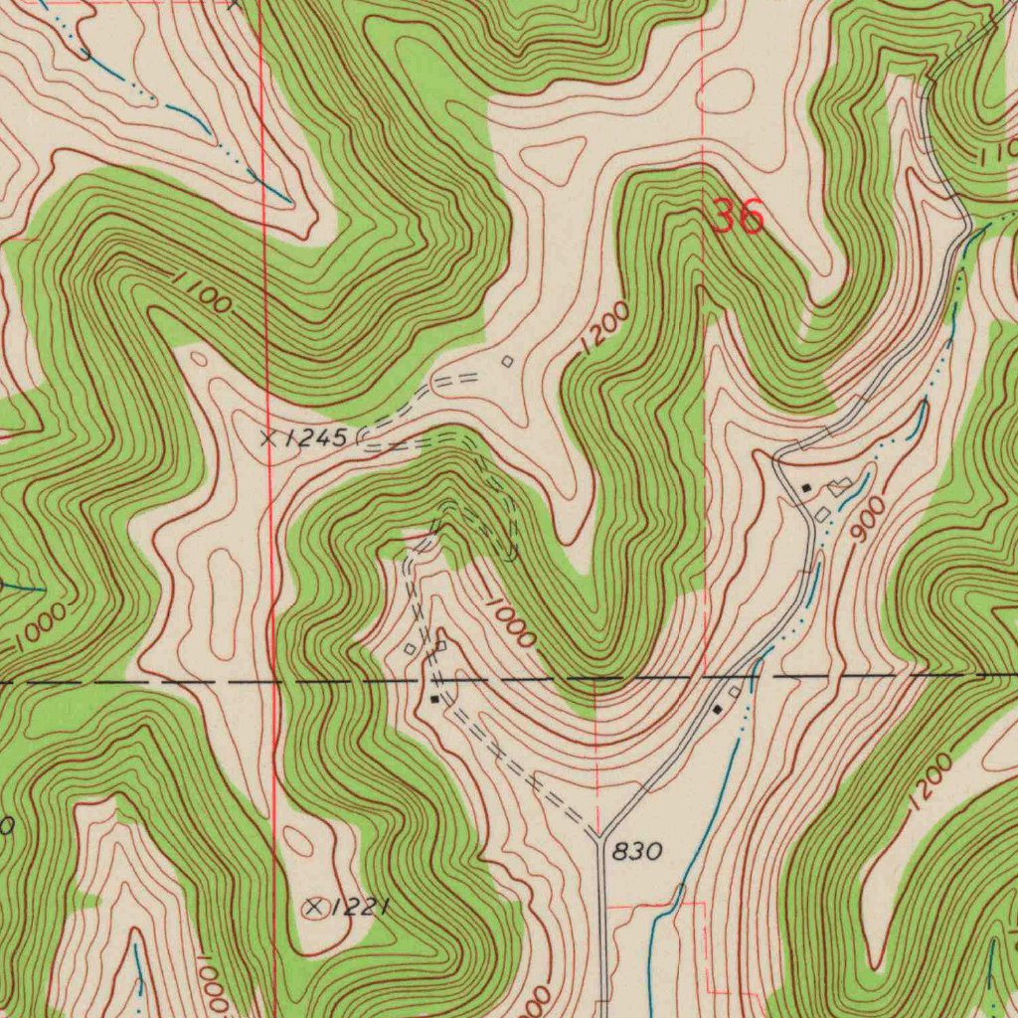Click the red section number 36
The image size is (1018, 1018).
[738, 216]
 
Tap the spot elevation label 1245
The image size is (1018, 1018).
[319, 437]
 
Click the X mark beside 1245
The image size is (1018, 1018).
[266, 437]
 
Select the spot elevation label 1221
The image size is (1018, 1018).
[359, 907]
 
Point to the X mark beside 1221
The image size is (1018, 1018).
[316, 907]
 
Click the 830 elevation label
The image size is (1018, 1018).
[636, 852]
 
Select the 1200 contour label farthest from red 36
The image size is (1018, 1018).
[929, 782]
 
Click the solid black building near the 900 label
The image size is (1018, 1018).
[806, 487]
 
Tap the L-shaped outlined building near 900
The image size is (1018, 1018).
[841, 485]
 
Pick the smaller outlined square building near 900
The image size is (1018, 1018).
[822, 513]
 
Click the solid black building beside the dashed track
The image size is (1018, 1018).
[433, 699]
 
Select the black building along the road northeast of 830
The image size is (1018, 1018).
[717, 709]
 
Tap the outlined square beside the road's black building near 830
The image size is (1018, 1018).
[735, 690]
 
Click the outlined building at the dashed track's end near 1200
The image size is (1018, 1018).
[508, 362]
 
